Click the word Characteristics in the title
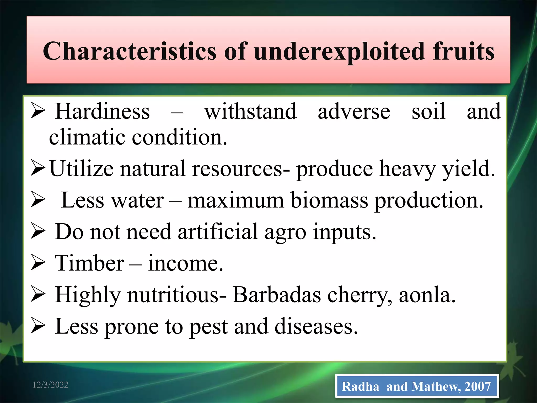coord(130,51)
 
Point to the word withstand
coord(250,112)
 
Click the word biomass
coord(329,200)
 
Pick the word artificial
coord(218,232)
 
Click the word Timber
coord(89,263)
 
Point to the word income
coord(185,263)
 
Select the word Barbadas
coord(277,295)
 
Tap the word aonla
coord(427,295)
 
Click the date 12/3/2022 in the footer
coord(50,385)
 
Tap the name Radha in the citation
coord(360,386)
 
